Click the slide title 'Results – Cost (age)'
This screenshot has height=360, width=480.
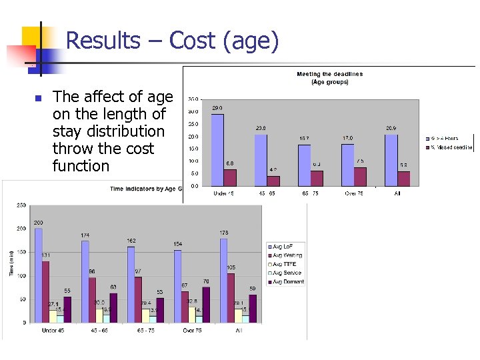point(172,41)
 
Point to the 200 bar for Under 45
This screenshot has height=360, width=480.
point(39,275)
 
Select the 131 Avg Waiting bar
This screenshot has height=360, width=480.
point(45,291)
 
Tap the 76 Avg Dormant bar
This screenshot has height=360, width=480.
point(205,304)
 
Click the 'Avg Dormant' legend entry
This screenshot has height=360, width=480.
point(287,281)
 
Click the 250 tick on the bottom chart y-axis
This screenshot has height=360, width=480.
point(21,205)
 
